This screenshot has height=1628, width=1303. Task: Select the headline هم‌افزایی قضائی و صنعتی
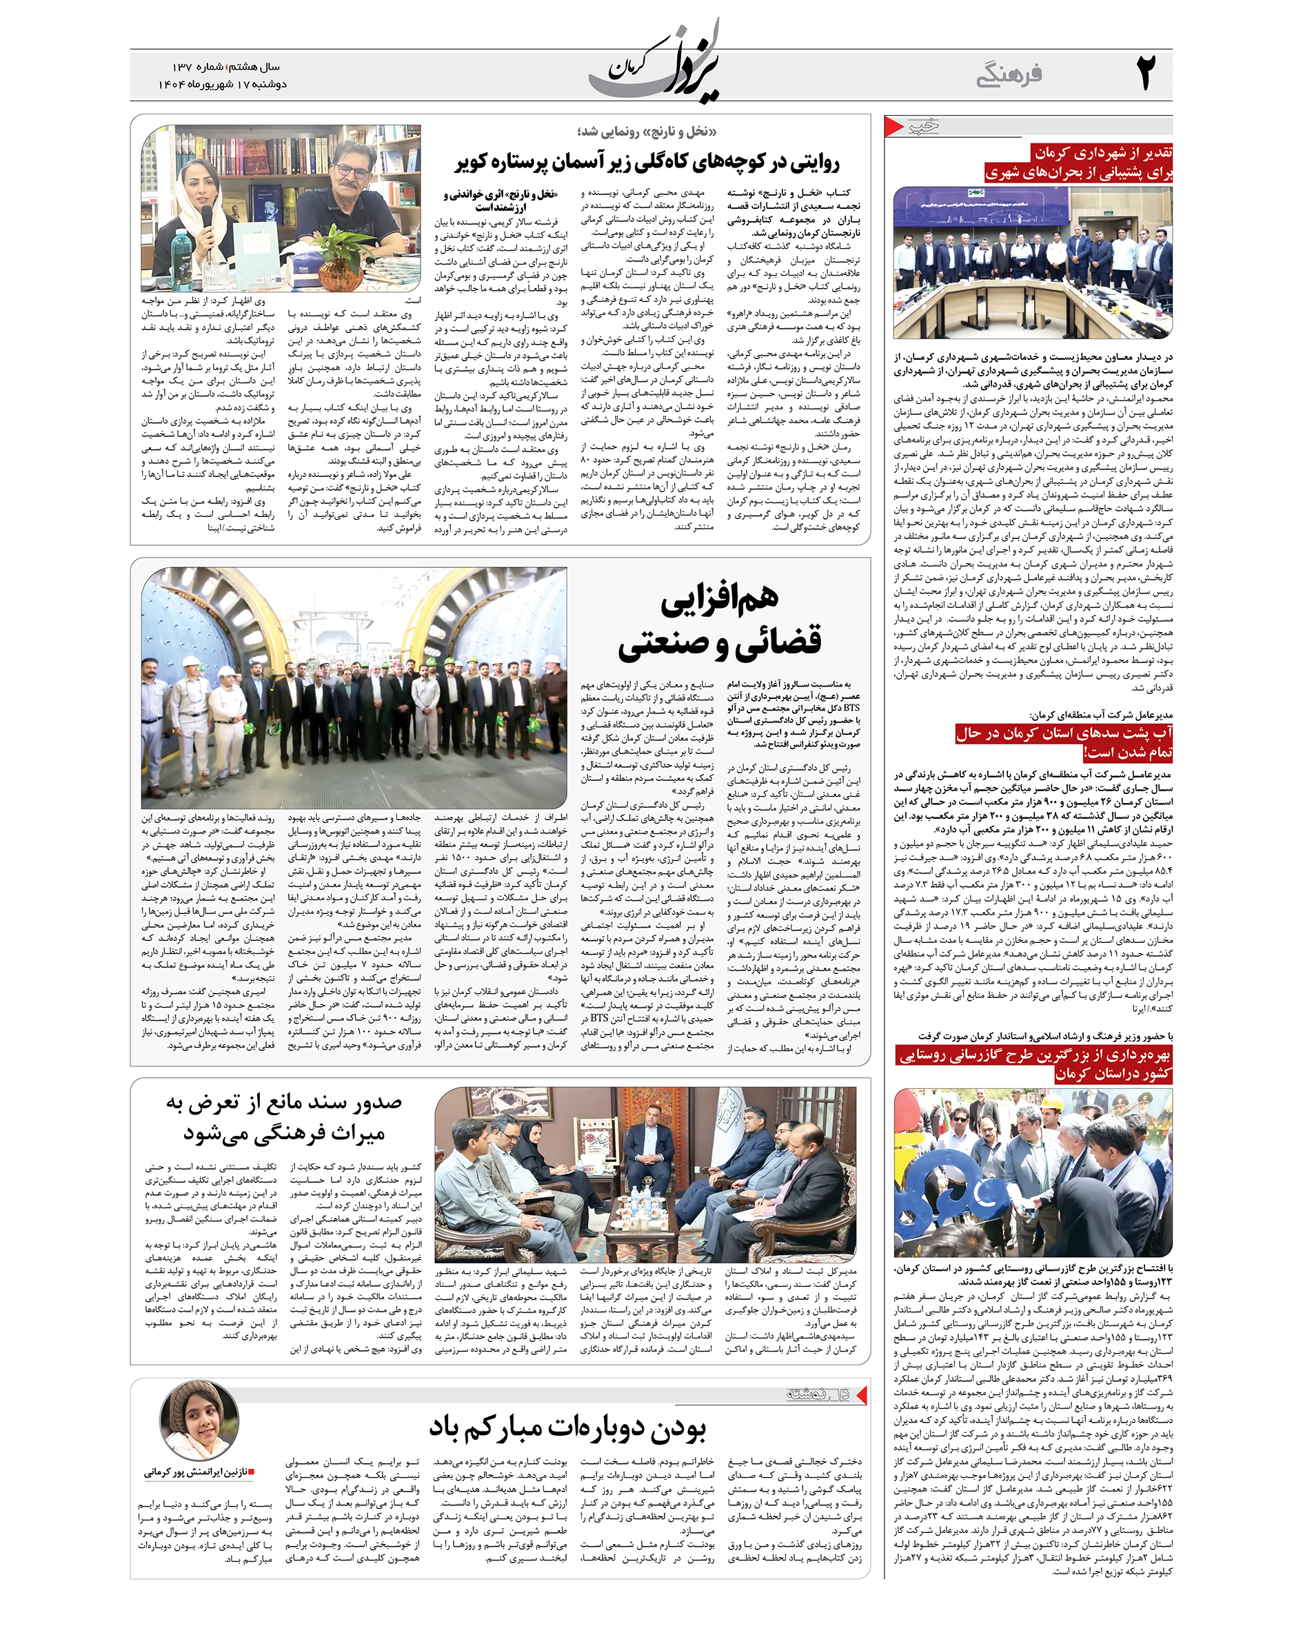click(x=719, y=621)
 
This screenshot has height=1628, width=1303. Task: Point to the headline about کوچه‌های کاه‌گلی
click(x=647, y=161)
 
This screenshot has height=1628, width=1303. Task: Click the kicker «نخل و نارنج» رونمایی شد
click(x=647, y=132)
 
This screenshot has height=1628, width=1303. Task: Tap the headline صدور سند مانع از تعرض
click(x=284, y=1117)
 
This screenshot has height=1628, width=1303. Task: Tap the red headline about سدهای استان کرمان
click(x=1064, y=742)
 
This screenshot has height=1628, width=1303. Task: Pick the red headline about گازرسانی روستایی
click(x=1035, y=1064)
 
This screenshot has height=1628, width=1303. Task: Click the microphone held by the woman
click(x=205, y=218)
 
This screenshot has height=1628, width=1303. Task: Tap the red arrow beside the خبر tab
click(x=893, y=126)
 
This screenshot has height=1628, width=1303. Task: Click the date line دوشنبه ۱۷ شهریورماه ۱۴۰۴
click(x=223, y=85)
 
